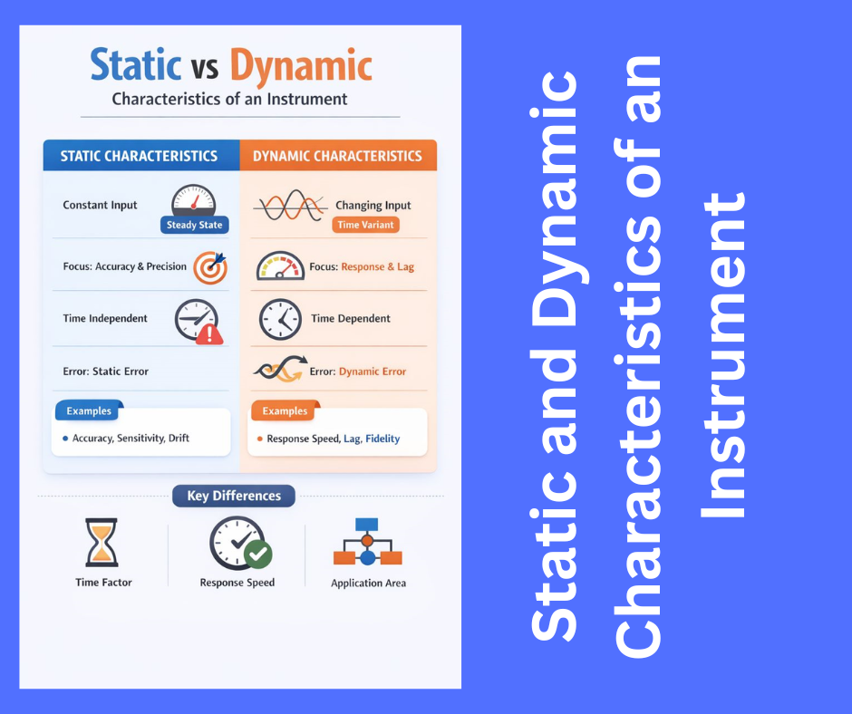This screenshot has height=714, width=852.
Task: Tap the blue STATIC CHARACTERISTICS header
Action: pyautogui.click(x=139, y=156)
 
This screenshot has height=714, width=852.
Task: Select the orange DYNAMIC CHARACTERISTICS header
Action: pyautogui.click(x=337, y=156)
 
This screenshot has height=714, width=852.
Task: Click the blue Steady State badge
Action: pyautogui.click(x=194, y=225)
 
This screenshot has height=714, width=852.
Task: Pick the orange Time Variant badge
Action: pyautogui.click(x=366, y=225)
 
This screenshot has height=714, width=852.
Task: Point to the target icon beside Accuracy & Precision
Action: pyautogui.click(x=210, y=266)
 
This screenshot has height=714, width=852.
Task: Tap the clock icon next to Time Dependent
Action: pyautogui.click(x=280, y=319)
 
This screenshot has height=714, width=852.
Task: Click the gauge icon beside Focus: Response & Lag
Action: pyautogui.click(x=280, y=266)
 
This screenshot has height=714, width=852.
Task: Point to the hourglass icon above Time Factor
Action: pyautogui.click(x=102, y=542)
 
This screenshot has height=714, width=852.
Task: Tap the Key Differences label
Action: pyautogui.click(x=234, y=496)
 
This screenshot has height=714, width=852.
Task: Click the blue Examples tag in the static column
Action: pyautogui.click(x=89, y=411)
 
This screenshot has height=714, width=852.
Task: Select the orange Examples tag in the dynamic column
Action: pyautogui.click(x=285, y=411)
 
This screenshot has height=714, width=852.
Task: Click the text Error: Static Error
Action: pyautogui.click(x=106, y=371)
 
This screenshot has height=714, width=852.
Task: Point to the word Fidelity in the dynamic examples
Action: pyautogui.click(x=382, y=439)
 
